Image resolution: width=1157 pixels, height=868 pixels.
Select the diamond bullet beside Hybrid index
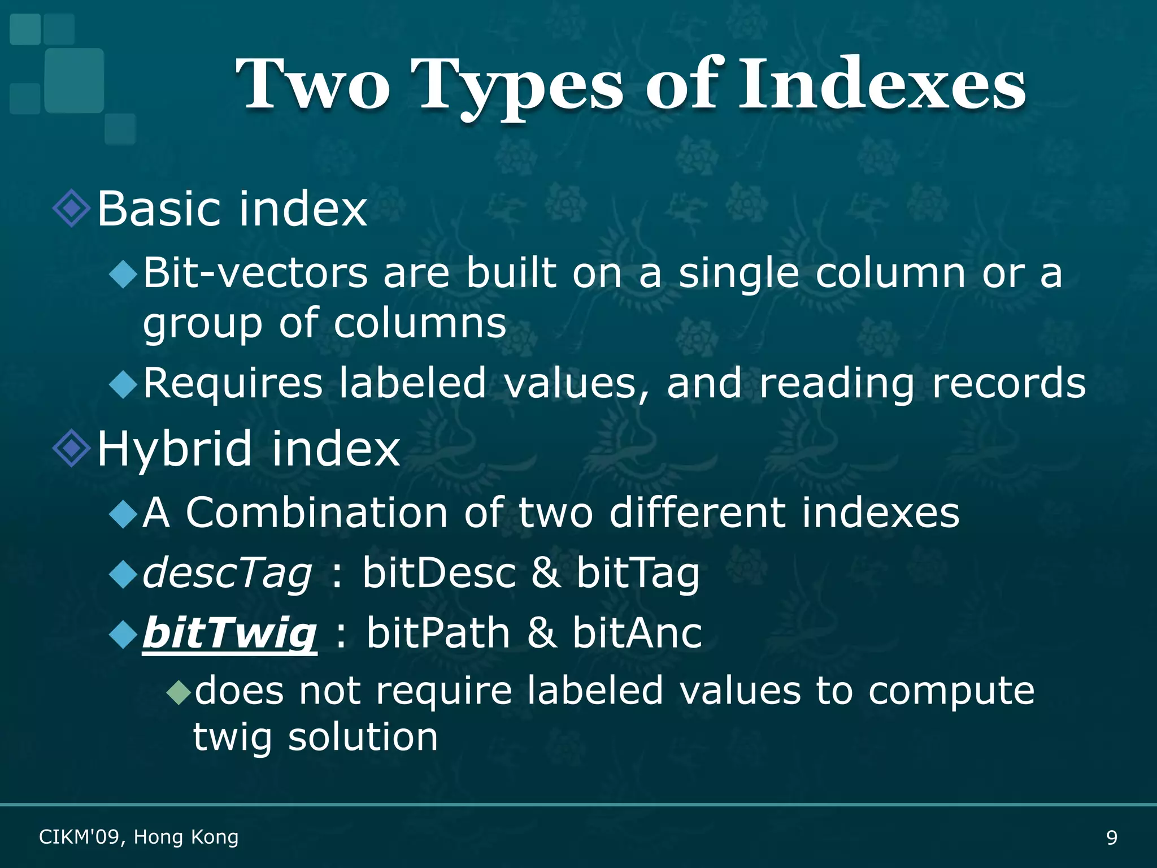tap(71, 449)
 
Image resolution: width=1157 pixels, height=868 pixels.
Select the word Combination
tap(316, 513)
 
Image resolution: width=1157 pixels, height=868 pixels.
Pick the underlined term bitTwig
tap(229, 633)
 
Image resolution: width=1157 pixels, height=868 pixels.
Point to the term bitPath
tap(438, 633)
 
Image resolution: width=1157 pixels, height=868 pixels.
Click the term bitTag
tap(638, 573)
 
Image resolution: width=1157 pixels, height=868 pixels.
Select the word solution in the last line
tap(363, 737)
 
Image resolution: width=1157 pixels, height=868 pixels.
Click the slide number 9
tap(1111, 837)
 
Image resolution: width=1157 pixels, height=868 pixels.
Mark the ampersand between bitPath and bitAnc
tap(541, 633)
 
